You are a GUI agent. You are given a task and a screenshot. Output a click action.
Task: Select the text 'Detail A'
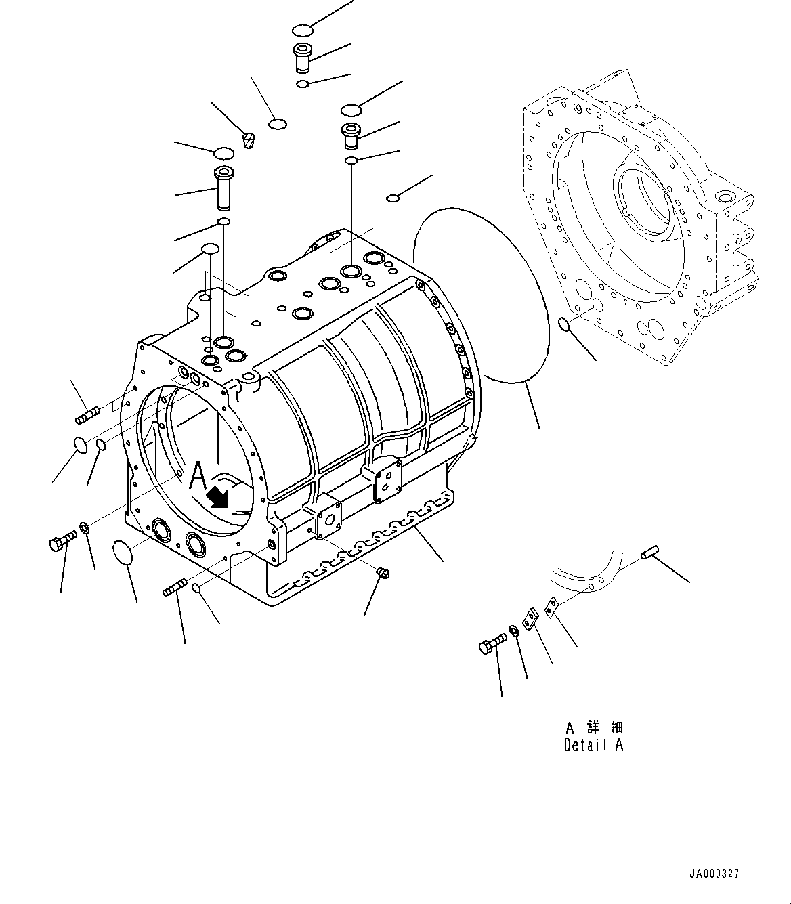pos(593,745)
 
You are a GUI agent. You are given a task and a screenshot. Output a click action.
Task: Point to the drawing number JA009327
pos(714,874)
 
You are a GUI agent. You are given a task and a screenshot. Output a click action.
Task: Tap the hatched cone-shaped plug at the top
pos(249,140)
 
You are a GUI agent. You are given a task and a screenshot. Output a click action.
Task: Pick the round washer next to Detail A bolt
pos(515,631)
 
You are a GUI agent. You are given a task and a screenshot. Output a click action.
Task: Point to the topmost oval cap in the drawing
pos(303,30)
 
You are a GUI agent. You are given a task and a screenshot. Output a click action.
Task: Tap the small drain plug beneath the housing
pos(381,574)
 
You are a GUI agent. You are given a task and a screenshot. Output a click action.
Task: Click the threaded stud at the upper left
pos(88,414)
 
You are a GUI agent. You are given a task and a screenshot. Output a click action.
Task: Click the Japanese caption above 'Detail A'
pos(593,728)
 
